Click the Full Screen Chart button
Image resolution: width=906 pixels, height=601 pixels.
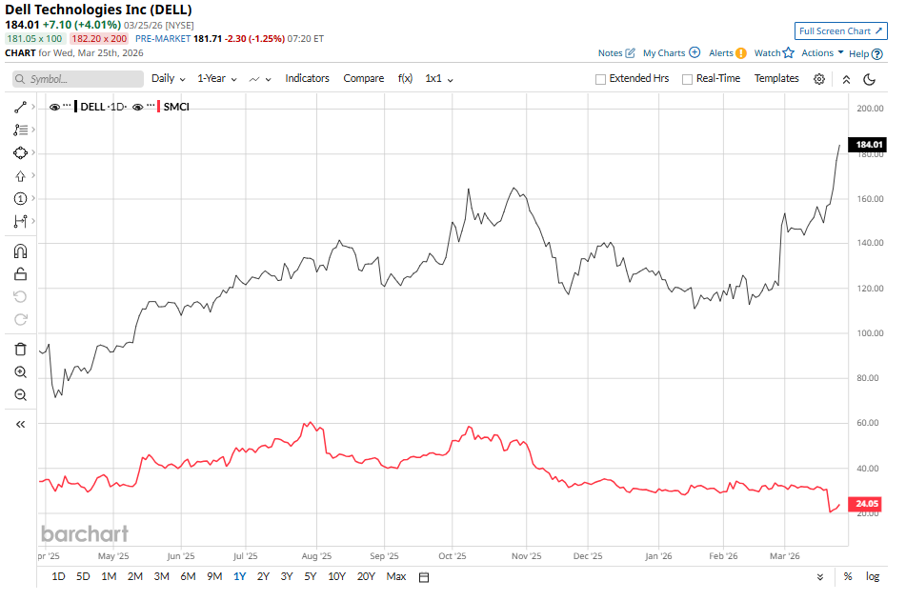pyautogui.click(x=840, y=31)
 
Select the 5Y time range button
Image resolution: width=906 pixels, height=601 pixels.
pyautogui.click(x=311, y=576)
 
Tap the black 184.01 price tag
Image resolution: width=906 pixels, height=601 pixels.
pyautogui.click(x=870, y=145)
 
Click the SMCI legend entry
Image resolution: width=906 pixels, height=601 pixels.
pyautogui.click(x=176, y=107)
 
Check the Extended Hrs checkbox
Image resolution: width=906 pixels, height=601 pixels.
pyautogui.click(x=600, y=79)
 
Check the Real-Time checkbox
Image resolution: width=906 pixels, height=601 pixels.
pyautogui.click(x=687, y=79)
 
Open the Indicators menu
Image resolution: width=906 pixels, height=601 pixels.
pyautogui.click(x=307, y=78)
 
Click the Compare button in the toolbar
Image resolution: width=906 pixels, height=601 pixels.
pyautogui.click(x=363, y=78)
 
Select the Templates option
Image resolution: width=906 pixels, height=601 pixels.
pyautogui.click(x=776, y=78)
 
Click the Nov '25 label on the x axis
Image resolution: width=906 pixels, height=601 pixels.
pyautogui.click(x=526, y=555)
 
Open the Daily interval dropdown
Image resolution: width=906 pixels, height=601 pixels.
pyautogui.click(x=168, y=78)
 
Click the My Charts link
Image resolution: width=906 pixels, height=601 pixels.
pyautogui.click(x=671, y=53)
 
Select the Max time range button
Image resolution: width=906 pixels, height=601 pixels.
pyautogui.click(x=396, y=576)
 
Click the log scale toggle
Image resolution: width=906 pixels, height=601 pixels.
pyautogui.click(x=872, y=576)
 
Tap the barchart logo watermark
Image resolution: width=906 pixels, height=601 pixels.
pyautogui.click(x=84, y=533)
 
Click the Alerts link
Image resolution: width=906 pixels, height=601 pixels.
pyautogui.click(x=727, y=53)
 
